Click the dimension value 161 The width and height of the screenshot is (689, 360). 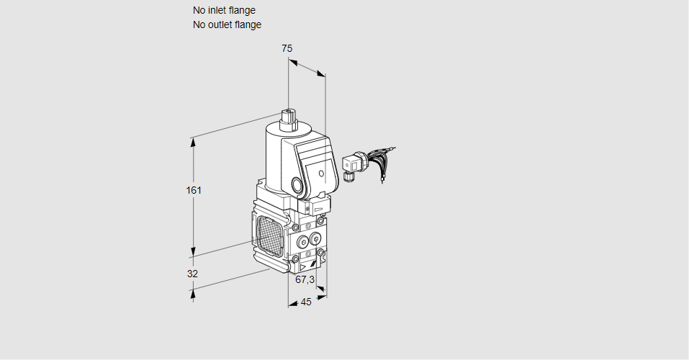193,191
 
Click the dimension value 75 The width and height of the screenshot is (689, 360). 287,48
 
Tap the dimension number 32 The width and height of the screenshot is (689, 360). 192,274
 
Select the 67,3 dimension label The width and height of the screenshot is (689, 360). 305,279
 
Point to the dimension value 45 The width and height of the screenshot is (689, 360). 306,302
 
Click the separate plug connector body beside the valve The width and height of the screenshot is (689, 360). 353,163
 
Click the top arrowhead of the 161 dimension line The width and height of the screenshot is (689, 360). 193,141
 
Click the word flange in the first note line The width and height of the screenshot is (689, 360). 242,10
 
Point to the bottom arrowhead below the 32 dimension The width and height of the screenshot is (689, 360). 193,292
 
